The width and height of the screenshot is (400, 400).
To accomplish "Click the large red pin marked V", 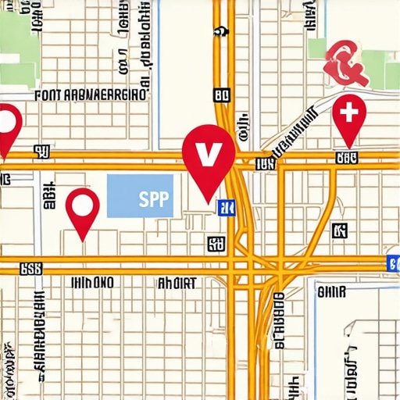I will (208, 153).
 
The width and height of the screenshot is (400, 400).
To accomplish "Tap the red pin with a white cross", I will (348, 116).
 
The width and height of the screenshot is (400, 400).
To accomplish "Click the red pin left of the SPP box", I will (83, 208).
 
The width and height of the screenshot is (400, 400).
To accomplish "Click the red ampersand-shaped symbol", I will (345, 64).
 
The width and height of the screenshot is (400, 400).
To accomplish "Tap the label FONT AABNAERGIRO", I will (91, 95).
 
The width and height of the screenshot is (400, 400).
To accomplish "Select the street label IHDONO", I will (92, 282).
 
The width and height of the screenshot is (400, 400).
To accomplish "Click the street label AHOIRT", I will (177, 283).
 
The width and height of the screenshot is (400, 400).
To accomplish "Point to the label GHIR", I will (331, 291).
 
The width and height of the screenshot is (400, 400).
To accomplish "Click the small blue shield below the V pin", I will (228, 207).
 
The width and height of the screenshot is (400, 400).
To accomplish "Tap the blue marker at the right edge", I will (393, 262).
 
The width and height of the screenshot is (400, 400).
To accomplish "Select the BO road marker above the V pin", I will (222, 95).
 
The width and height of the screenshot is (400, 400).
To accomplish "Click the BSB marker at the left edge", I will (30, 269).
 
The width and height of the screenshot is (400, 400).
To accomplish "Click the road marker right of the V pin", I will (265, 163).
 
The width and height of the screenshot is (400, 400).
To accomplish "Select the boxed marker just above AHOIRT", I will (215, 245).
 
